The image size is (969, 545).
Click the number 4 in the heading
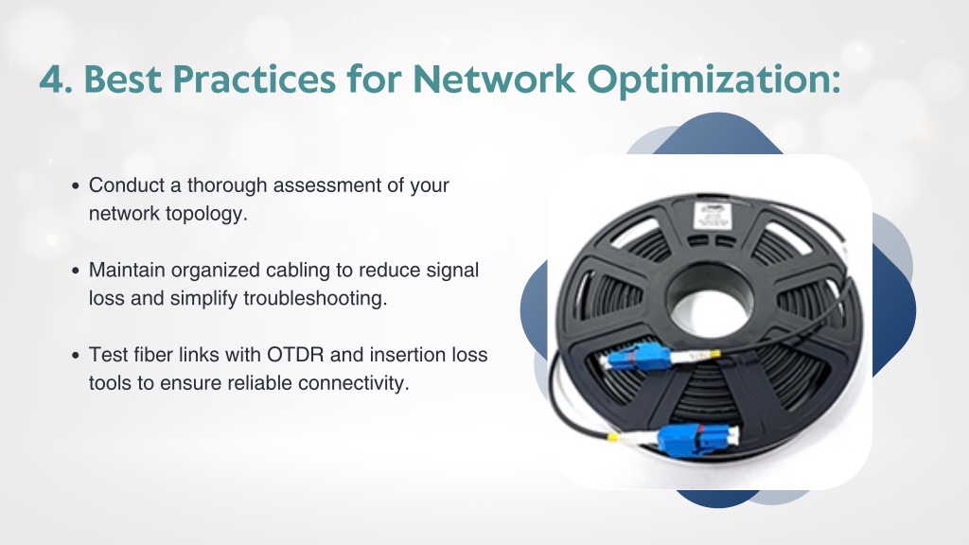click(x=54, y=79)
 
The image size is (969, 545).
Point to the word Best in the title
click(x=123, y=79)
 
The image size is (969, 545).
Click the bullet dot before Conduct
click(x=76, y=185)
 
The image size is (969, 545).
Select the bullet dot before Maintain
click(x=76, y=270)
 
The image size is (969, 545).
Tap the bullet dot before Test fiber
click(x=76, y=356)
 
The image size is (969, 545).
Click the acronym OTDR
click(x=295, y=355)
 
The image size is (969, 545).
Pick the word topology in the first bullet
click(x=206, y=215)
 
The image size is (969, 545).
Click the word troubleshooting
click(x=315, y=299)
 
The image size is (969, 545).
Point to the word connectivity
click(x=354, y=383)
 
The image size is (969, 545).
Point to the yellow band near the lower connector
click(x=612, y=437)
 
